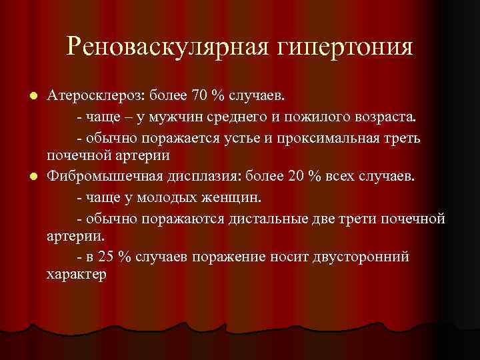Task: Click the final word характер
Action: [76, 274]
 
